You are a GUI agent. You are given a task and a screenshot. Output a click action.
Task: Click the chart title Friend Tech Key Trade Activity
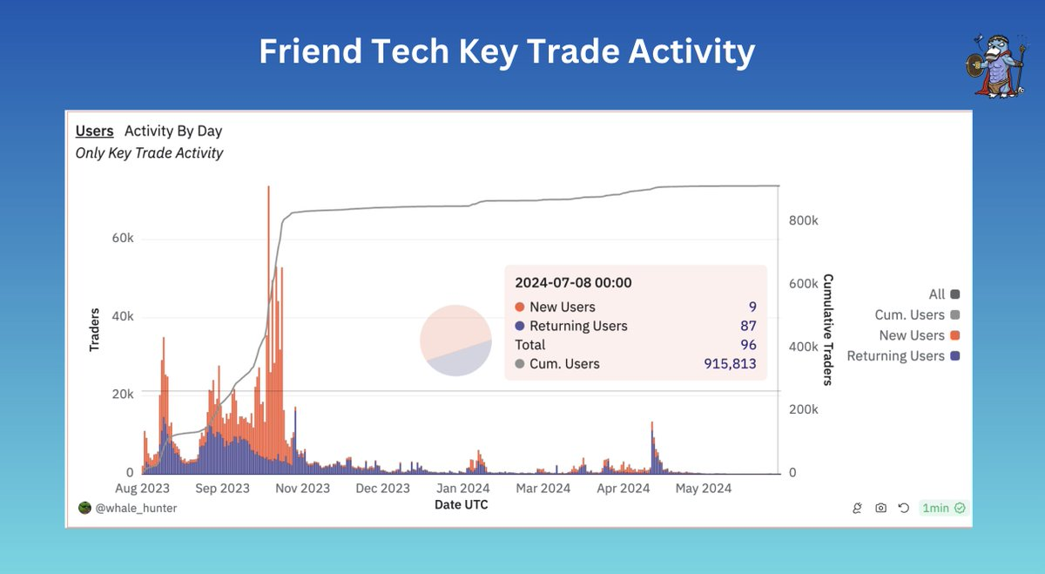tap(506, 53)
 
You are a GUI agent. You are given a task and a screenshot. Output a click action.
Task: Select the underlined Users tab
tap(94, 131)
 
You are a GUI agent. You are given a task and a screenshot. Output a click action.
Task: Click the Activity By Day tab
tap(173, 131)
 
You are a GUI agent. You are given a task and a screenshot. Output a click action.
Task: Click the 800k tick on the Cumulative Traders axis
tap(803, 221)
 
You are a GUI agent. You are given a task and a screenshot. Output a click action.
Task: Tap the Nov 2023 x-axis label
tap(303, 488)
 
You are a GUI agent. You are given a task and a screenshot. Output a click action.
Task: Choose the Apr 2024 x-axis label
tap(623, 488)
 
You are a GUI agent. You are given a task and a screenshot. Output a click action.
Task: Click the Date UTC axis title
tap(461, 504)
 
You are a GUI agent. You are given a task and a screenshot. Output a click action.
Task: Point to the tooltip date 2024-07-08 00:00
tap(573, 282)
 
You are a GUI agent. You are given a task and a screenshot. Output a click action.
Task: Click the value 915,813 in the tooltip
tap(730, 363)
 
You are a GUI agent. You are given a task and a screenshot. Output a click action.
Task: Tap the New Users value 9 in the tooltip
tap(752, 307)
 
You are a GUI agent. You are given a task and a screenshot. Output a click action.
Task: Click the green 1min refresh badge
tap(943, 508)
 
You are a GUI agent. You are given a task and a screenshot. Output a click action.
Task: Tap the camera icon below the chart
tap(880, 508)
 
